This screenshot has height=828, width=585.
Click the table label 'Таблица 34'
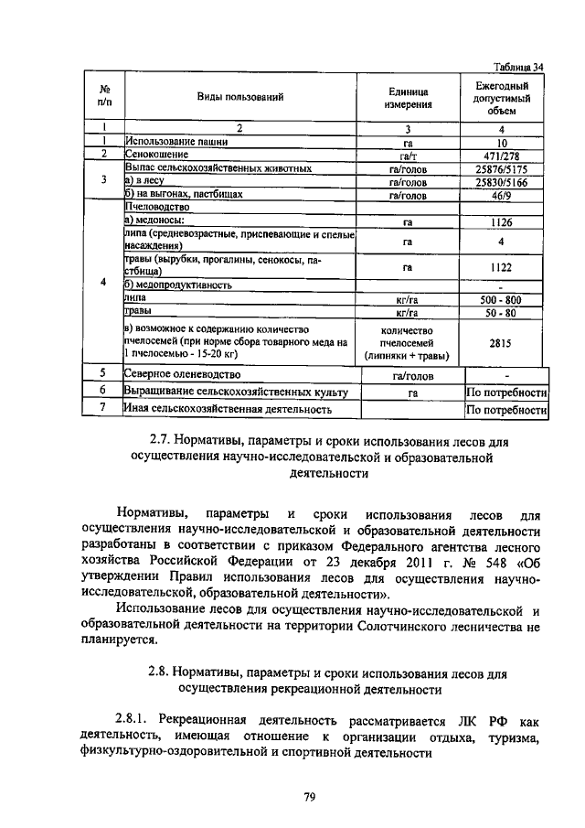pyautogui.click(x=518, y=66)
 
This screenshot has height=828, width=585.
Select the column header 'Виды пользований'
pyautogui.click(x=241, y=96)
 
